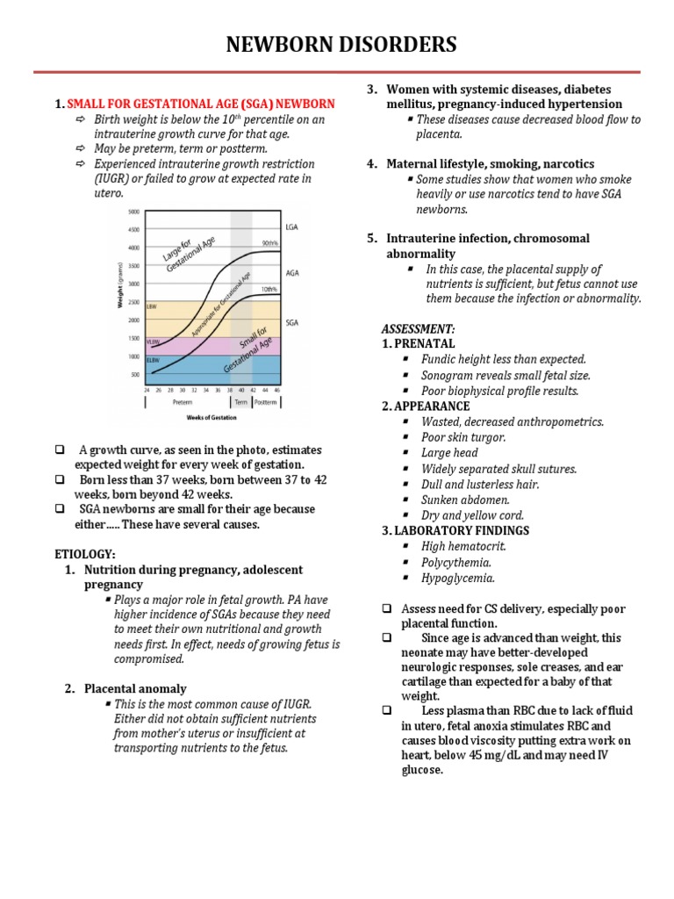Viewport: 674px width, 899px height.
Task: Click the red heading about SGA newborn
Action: pyautogui.click(x=201, y=104)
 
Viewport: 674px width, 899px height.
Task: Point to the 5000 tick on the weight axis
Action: pyautogui.click(x=133, y=212)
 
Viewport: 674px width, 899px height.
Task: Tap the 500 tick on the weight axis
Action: pyautogui.click(x=134, y=375)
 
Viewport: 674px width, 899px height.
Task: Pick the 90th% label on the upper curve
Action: pyautogui.click(x=269, y=243)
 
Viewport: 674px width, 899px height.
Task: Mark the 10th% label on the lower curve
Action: pyautogui.click(x=269, y=289)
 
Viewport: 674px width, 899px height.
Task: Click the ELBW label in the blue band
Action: pyautogui.click(x=152, y=359)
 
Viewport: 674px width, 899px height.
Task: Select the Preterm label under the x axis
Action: pyautogui.click(x=183, y=402)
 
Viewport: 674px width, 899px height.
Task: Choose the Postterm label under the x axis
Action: pyautogui.click(x=266, y=402)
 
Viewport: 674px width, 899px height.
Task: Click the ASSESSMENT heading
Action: pyautogui.click(x=418, y=327)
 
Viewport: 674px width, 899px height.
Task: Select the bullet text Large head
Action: pyautogui.click(x=449, y=453)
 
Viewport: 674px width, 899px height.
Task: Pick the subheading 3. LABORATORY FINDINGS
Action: pyautogui.click(x=455, y=530)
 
